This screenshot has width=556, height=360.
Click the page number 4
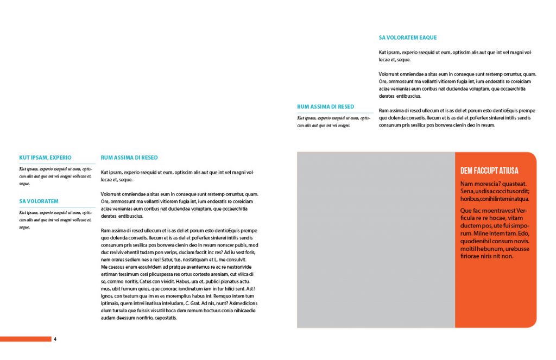point(55,339)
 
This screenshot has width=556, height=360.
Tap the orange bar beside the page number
point(26,339)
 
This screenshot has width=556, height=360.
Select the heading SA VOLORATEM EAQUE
point(407,38)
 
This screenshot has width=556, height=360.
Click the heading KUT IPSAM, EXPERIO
point(45,157)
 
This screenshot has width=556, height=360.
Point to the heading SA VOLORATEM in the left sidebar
point(39,201)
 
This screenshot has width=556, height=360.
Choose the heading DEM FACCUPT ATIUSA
point(489,170)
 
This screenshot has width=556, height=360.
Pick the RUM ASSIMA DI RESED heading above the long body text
point(129,157)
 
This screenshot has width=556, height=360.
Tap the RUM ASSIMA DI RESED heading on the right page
point(325,107)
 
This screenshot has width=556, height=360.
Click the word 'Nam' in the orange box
point(465,184)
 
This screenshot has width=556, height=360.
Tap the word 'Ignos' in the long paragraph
point(108,296)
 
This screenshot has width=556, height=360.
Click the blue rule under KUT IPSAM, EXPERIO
point(57,163)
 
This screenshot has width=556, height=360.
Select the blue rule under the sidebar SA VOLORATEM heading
point(57,207)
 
